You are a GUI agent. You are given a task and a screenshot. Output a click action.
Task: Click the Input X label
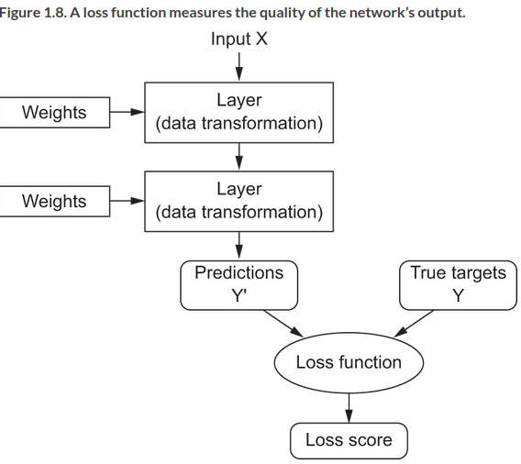[x=238, y=39]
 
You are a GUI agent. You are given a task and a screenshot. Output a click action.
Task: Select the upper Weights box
[x=54, y=112]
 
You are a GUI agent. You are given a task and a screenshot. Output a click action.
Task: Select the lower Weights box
[x=54, y=201]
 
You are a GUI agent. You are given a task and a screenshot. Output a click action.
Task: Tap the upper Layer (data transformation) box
[x=238, y=113]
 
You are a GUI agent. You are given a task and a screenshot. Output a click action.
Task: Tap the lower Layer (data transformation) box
[x=238, y=201]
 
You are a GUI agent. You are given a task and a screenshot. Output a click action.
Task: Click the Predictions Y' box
[x=238, y=285]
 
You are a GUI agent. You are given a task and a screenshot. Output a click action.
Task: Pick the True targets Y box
[x=459, y=285]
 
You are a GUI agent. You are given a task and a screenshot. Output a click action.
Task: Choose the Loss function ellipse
[x=349, y=363]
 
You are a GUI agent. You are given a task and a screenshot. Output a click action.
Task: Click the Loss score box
[x=349, y=440]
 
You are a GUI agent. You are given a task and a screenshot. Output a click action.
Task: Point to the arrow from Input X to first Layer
[x=238, y=66]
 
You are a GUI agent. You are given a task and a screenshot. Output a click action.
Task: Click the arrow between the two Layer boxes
[x=238, y=157]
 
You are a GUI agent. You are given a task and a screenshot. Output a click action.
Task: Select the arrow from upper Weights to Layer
[x=127, y=112]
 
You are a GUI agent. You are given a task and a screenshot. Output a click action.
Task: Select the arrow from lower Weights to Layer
[x=127, y=201]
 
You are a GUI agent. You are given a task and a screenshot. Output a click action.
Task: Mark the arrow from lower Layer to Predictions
[x=238, y=246]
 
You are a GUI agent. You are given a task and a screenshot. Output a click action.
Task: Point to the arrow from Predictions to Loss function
[x=283, y=324]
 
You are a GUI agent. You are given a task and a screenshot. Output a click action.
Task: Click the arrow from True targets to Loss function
[x=414, y=324]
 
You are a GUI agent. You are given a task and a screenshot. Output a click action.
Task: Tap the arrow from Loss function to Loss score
[x=349, y=408]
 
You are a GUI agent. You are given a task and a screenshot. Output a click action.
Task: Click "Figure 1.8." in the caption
[x=33, y=13]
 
